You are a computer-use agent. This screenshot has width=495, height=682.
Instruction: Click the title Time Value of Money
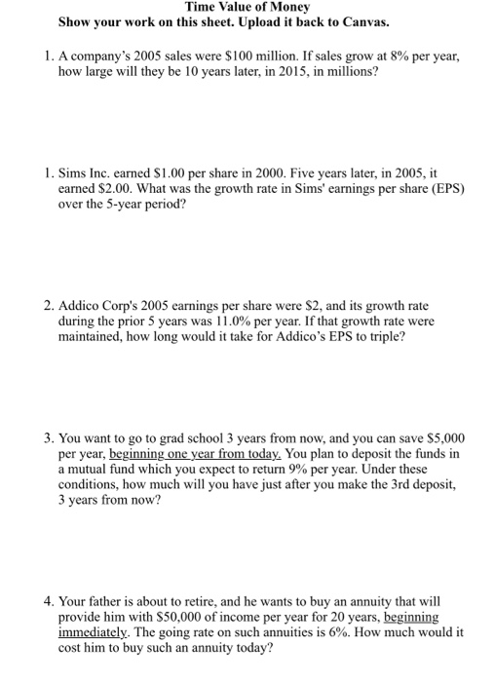pyautogui.click(x=247, y=7)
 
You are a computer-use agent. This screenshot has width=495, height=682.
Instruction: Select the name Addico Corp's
pyautogui.click(x=103, y=305)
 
